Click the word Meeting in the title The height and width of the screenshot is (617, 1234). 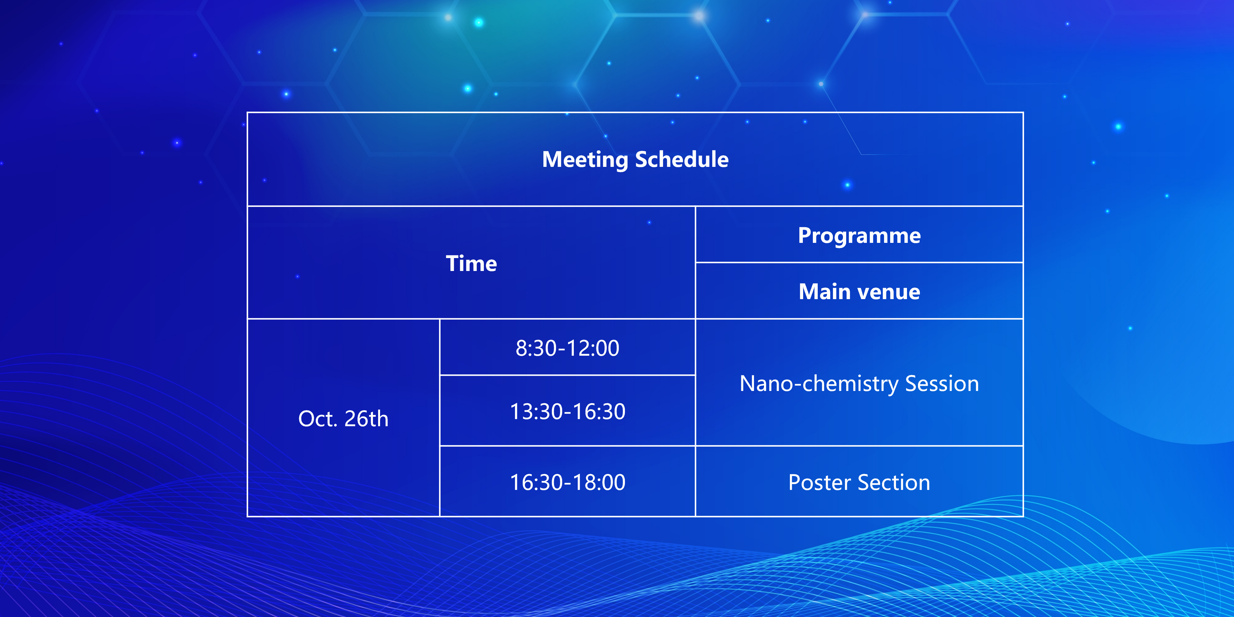[x=585, y=159]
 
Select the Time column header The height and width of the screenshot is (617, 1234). [x=471, y=264]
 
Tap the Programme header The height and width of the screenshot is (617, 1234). [x=859, y=236]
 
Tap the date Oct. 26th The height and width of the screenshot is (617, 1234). [x=343, y=419]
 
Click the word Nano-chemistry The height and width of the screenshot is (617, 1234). [x=819, y=384]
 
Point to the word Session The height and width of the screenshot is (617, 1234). [x=942, y=384]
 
